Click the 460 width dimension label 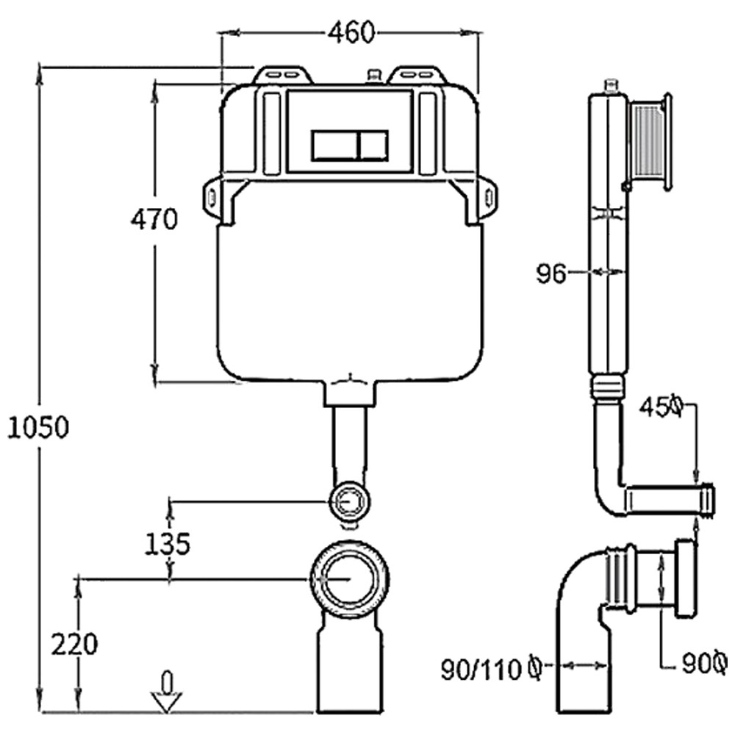[x=351, y=33]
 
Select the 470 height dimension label [x=154, y=219]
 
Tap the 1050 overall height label [x=38, y=428]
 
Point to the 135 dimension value [x=167, y=544]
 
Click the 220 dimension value [x=74, y=644]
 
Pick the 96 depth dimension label [x=551, y=273]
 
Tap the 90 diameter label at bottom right [x=705, y=663]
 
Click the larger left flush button [x=334, y=146]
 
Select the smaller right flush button [x=373, y=146]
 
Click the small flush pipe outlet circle [x=350, y=501]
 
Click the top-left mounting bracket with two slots [x=283, y=74]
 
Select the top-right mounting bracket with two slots [x=416, y=74]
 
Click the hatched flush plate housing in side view [x=649, y=142]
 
